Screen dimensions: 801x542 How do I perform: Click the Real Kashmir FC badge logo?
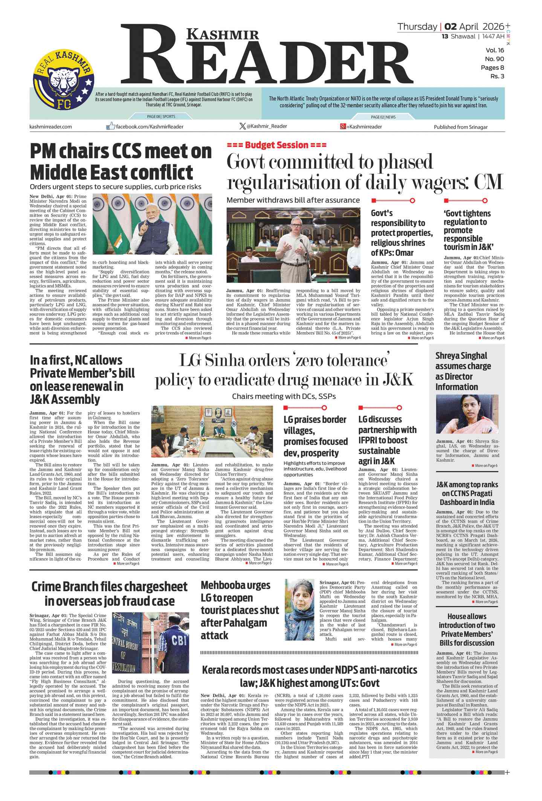point(63,80)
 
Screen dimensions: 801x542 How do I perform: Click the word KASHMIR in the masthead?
point(223,35)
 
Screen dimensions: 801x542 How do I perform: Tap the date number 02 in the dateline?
point(450,27)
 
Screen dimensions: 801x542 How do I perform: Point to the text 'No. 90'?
point(494,59)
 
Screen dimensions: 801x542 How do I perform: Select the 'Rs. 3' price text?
point(497,76)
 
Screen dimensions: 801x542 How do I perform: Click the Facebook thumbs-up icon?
point(110,126)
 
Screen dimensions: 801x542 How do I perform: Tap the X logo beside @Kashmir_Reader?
point(243,126)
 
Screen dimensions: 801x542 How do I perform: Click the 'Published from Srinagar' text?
point(460,127)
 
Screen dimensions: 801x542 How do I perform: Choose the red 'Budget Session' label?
point(276,145)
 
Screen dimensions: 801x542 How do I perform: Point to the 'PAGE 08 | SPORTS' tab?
point(161,117)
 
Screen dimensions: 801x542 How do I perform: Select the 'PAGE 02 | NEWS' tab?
point(383,117)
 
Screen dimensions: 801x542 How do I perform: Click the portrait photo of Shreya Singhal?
point(467,414)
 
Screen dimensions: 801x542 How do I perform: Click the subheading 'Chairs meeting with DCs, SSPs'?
point(284,396)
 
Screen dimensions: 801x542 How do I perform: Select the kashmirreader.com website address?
point(50,127)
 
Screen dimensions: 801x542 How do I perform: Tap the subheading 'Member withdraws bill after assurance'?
point(293,200)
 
